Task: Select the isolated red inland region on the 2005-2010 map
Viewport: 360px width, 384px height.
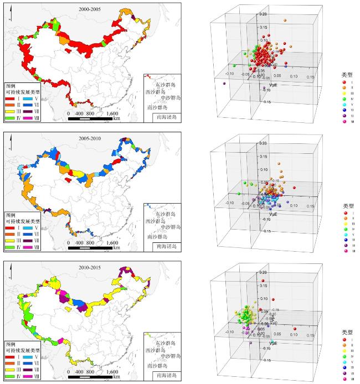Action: point(68,179)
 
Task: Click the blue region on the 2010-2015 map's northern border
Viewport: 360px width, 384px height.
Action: point(81,304)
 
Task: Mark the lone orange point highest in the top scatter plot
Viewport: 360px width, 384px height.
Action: point(285,20)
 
